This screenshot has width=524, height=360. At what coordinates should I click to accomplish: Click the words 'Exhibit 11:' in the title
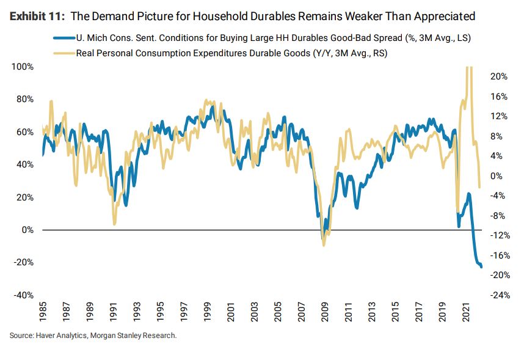click(37, 15)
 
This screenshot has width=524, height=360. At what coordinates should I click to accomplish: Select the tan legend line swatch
click(63, 54)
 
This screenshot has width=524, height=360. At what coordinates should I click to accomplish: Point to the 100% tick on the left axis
click(22, 66)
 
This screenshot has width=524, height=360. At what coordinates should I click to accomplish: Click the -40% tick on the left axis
click(22, 295)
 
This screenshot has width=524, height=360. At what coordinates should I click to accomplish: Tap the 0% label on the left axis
click(26, 230)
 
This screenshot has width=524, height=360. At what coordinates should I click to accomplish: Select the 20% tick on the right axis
click(499, 76)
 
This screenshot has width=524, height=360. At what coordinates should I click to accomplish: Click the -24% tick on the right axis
click(498, 295)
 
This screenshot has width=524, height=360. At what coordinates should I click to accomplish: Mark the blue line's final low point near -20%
click(481, 266)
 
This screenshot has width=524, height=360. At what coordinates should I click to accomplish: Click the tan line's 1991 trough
click(114, 224)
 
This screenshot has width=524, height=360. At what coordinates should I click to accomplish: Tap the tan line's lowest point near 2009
click(324, 245)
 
